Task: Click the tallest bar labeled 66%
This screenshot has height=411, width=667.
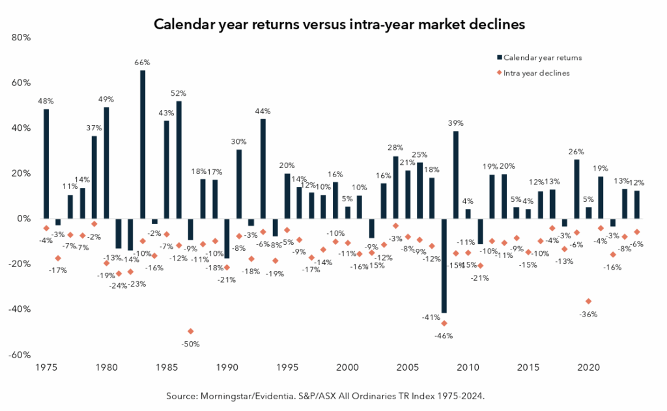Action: pos(143,144)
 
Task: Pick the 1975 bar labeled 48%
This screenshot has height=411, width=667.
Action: pos(46,163)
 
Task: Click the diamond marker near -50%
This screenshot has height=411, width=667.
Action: pos(190,332)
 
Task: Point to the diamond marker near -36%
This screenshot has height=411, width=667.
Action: pos(589,301)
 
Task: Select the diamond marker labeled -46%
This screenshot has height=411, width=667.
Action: pos(444,323)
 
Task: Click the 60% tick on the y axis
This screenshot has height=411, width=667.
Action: pos(21,83)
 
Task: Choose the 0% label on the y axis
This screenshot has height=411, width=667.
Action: pos(24,219)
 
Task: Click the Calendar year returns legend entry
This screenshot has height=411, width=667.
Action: pos(542,57)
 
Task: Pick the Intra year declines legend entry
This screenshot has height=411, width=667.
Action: pos(537,73)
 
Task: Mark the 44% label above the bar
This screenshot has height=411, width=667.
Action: pos(263,111)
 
